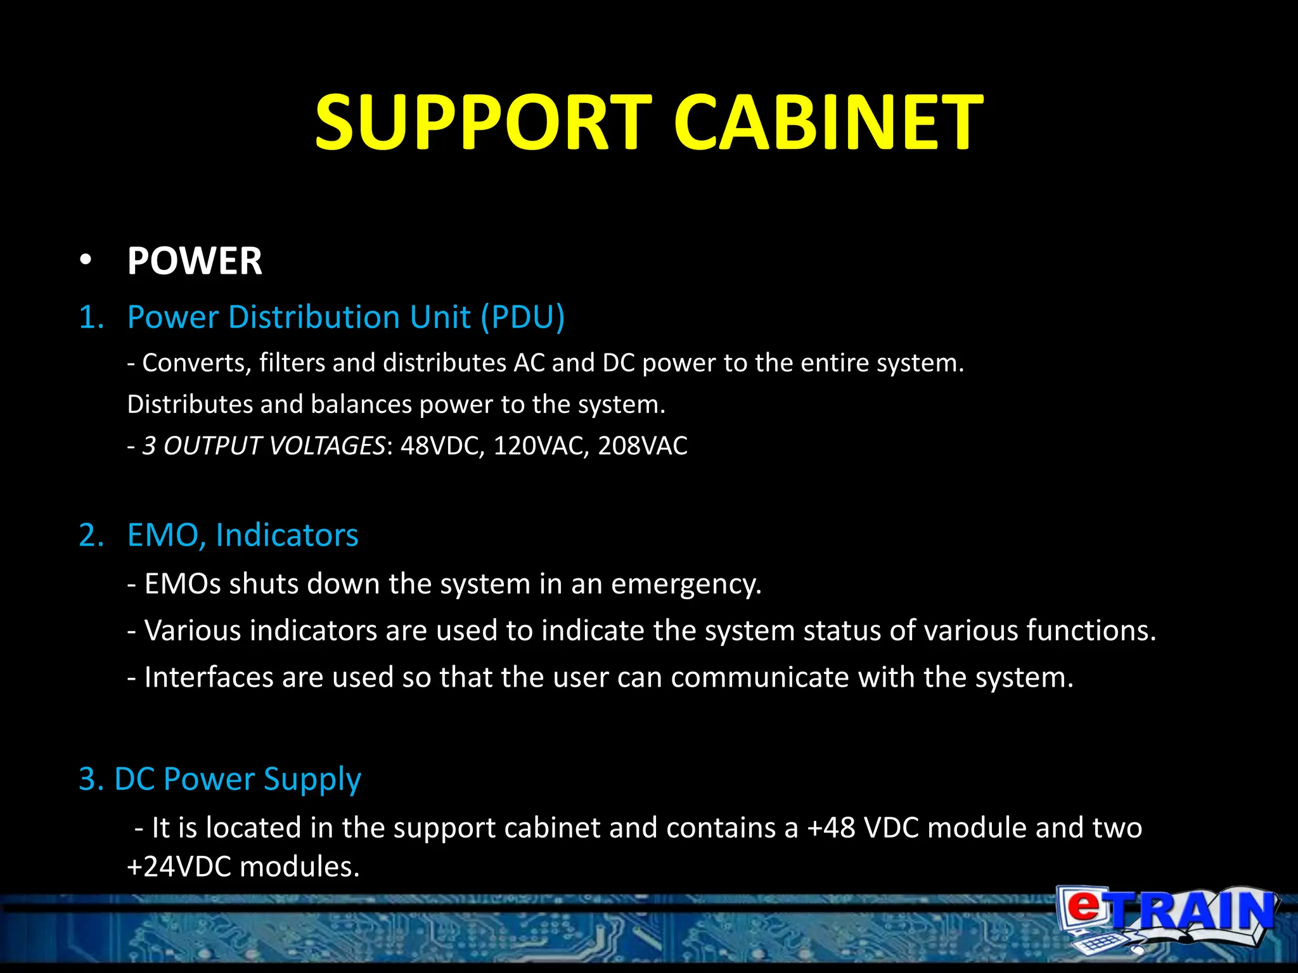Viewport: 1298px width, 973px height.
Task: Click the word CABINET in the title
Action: [x=828, y=123]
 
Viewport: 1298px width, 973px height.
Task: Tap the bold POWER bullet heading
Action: [x=195, y=261]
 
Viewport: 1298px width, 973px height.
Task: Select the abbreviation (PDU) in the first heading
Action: [x=522, y=317]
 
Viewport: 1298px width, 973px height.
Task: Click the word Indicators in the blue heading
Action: [x=286, y=535]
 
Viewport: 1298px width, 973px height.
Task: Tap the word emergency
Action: [x=686, y=584]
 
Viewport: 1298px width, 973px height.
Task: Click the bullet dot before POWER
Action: [x=86, y=261]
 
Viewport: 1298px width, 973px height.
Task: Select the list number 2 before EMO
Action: [x=91, y=535]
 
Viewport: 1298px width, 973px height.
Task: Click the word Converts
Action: [x=196, y=363]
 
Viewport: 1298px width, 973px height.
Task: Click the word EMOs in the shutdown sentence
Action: [x=183, y=584]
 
